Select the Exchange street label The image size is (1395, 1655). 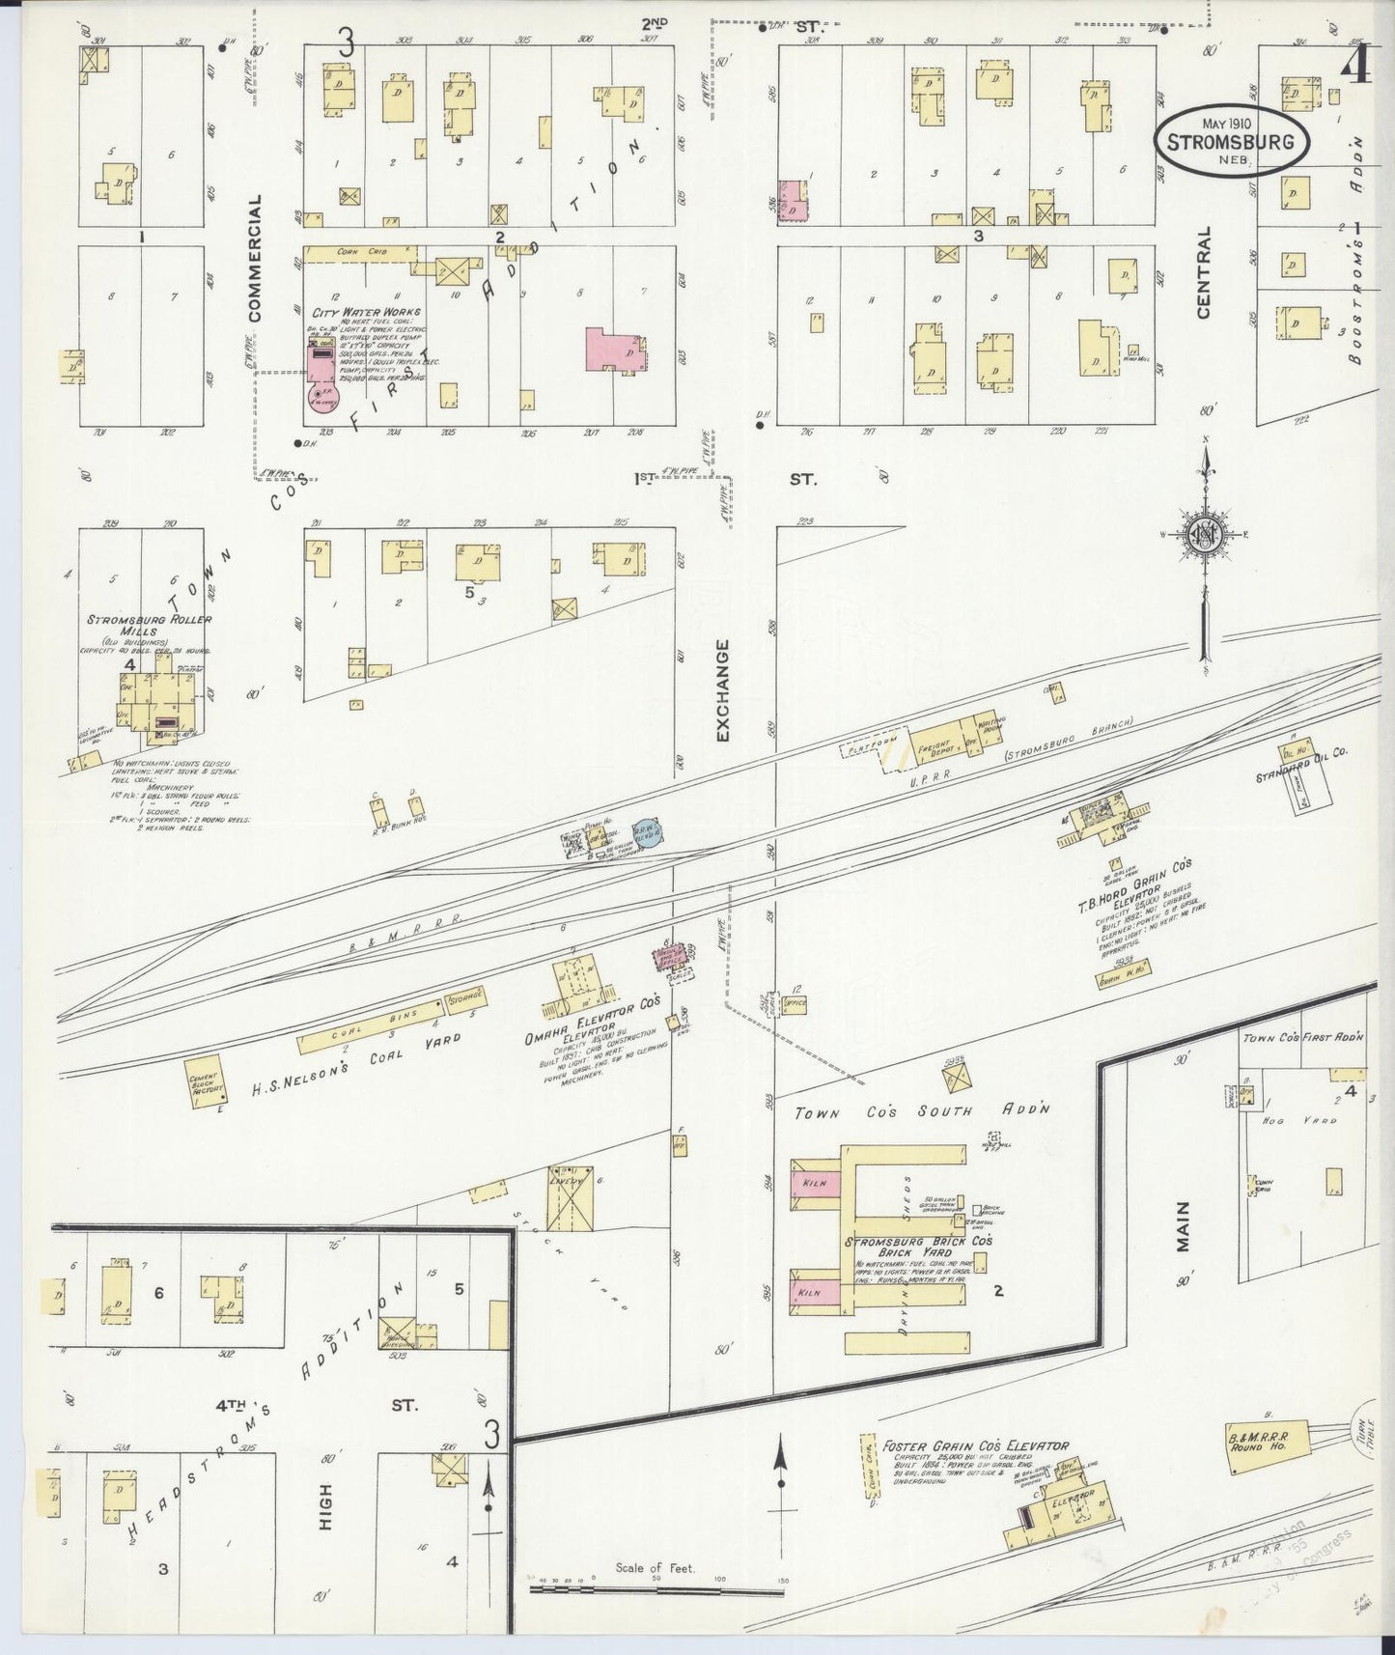[724, 688]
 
